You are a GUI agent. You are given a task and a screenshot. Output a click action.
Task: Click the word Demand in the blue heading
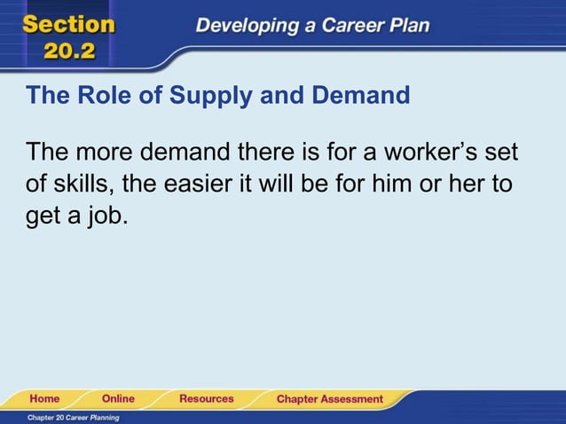point(363,95)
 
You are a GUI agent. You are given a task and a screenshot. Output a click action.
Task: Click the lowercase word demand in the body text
point(184,152)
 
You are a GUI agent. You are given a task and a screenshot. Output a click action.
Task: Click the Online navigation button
point(118,399)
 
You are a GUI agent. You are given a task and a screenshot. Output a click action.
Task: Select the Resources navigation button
point(207,399)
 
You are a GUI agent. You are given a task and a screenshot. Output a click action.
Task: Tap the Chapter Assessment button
point(329,399)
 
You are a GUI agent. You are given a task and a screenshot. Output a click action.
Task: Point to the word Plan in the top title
point(408,26)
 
